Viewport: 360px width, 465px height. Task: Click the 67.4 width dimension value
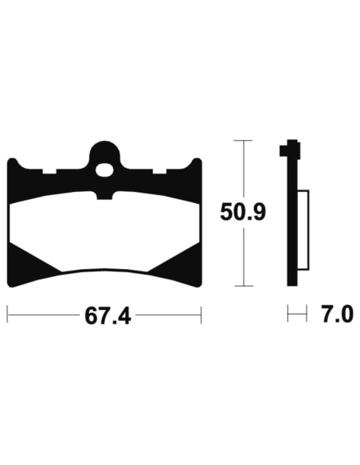click(x=108, y=316)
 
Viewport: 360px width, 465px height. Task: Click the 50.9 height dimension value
click(x=243, y=212)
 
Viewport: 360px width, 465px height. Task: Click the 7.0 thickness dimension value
click(x=338, y=315)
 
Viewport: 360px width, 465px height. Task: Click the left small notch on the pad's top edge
click(x=49, y=172)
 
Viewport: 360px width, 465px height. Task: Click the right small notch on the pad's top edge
click(x=159, y=172)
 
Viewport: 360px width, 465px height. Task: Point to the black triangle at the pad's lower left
click(x=29, y=258)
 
